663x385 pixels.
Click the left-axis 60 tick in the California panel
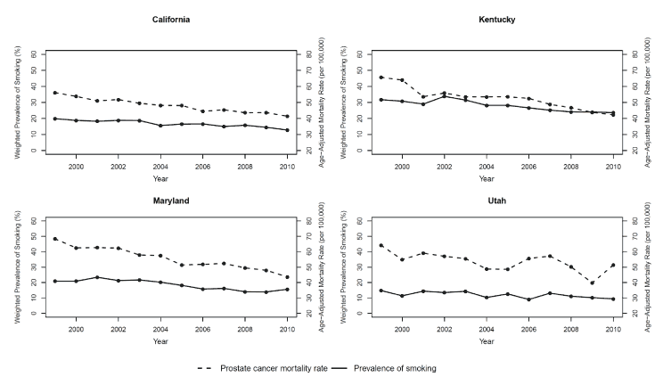pos(34,53)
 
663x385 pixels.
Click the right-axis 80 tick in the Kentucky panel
pos(637,53)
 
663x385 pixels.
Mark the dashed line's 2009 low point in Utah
pos(591,283)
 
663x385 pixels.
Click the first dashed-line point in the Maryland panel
pos(55,239)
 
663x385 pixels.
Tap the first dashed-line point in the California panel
pos(55,93)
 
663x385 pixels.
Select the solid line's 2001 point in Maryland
pos(97,277)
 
